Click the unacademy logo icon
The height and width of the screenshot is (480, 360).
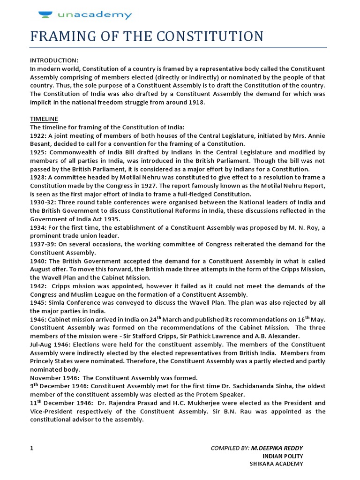[46, 15]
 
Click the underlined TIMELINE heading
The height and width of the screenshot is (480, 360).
[45, 119]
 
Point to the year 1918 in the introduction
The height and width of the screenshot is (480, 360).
[195, 103]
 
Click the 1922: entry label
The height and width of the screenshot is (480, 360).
[39, 135]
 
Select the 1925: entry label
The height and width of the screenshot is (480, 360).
[39, 152]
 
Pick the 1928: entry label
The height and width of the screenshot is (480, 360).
[39, 178]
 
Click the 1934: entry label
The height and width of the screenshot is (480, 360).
[39, 228]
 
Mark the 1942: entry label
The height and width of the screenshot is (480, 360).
[39, 286]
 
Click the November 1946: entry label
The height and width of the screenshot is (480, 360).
[54, 378]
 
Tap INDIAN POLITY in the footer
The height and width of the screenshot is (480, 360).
[283, 456]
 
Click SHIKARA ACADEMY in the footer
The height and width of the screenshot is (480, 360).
[277, 464]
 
